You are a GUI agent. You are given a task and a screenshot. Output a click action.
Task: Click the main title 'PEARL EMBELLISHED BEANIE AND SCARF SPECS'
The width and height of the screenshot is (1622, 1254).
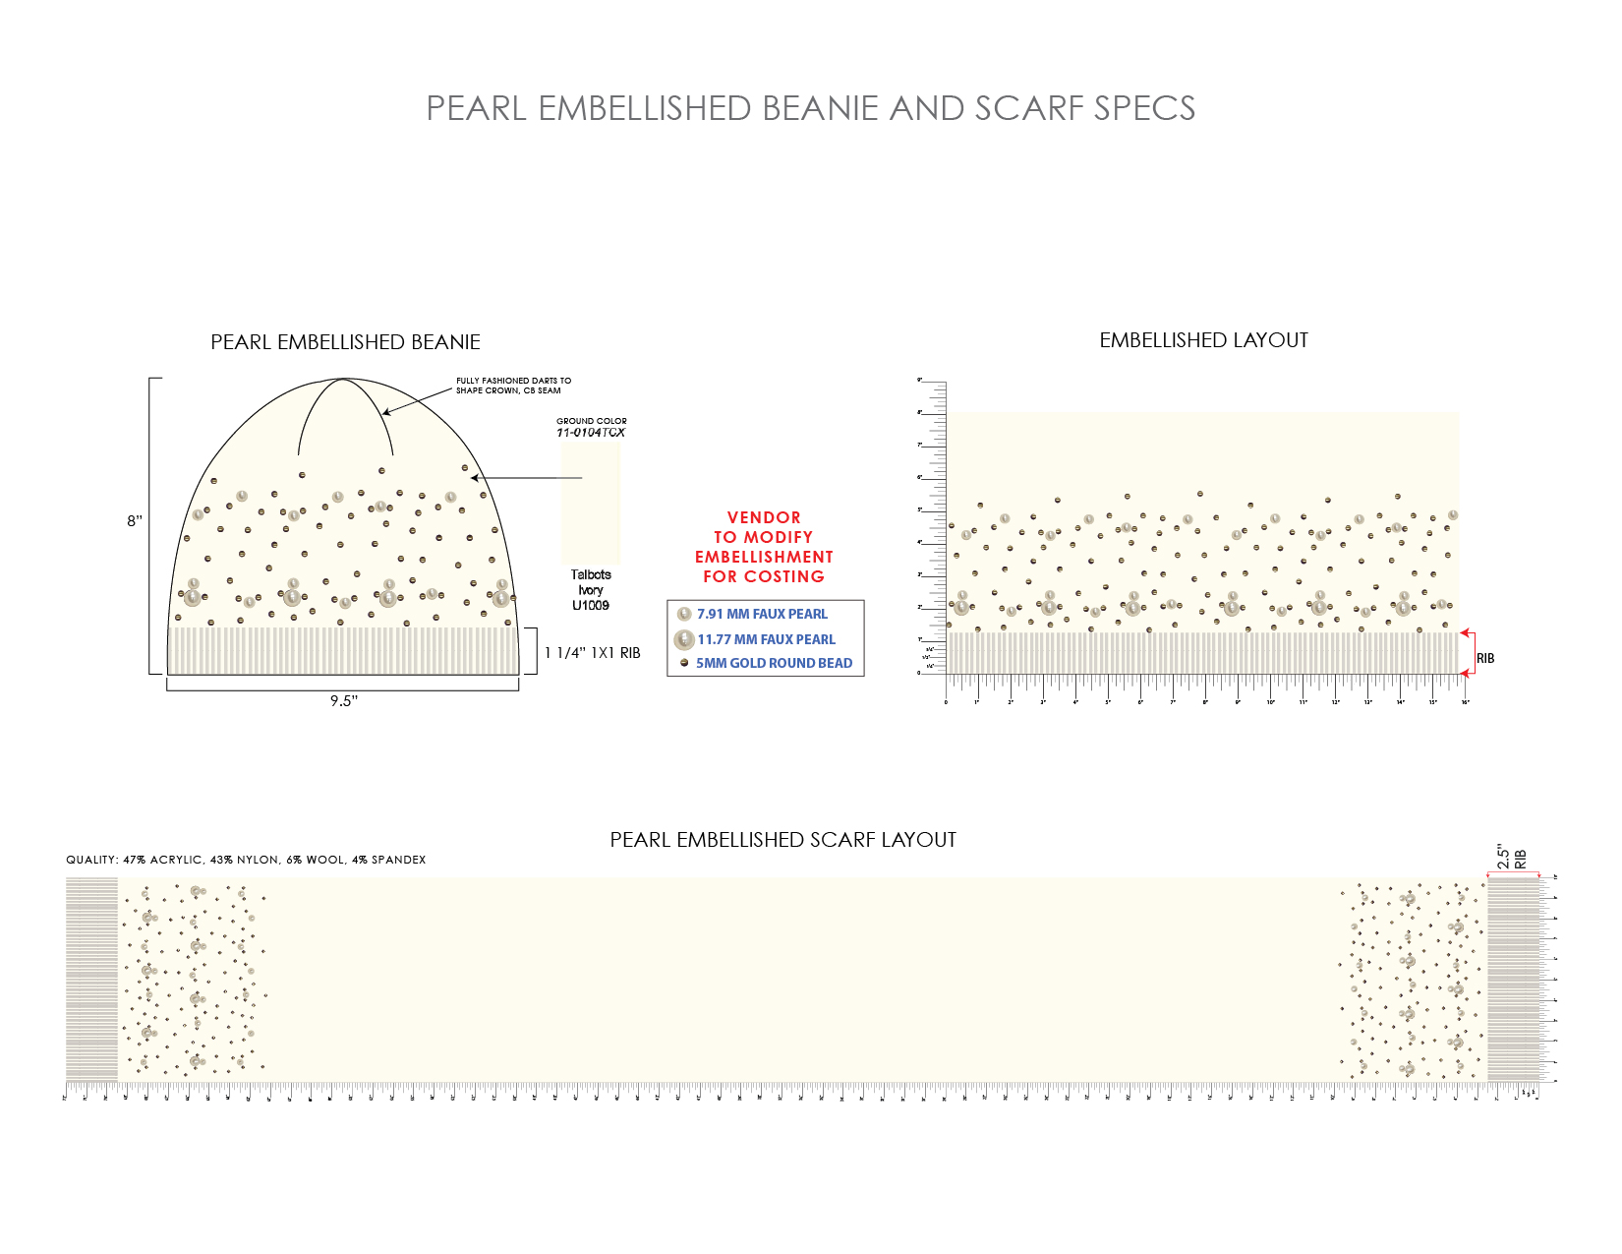tap(810, 108)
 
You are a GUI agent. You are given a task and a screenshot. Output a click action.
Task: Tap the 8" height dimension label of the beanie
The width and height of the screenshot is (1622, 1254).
tap(135, 520)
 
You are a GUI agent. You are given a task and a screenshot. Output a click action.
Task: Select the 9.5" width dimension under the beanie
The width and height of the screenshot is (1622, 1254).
tap(343, 701)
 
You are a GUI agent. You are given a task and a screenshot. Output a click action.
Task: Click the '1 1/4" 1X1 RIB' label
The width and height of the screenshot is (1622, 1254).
tap(592, 653)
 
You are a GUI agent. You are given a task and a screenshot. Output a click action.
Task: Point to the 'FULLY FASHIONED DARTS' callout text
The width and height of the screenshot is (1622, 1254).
tap(513, 386)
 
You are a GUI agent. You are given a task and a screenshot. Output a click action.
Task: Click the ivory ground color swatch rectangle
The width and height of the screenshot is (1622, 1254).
tap(591, 503)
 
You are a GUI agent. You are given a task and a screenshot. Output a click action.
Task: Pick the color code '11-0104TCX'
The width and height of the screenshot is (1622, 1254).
tap(591, 433)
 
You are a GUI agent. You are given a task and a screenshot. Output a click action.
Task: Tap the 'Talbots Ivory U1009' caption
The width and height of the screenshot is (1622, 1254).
tap(591, 590)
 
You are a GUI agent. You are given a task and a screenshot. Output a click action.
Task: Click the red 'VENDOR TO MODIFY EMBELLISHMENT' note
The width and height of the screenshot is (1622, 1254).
tap(764, 547)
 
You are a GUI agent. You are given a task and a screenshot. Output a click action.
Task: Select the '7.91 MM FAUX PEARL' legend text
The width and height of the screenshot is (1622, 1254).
tap(762, 614)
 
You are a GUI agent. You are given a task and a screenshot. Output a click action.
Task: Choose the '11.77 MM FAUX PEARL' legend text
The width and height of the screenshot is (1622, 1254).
tap(766, 639)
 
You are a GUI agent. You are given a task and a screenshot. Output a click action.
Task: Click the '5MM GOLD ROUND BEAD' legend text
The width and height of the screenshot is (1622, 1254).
tap(774, 663)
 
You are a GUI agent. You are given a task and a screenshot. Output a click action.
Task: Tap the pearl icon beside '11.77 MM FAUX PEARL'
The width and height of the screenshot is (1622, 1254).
tap(684, 639)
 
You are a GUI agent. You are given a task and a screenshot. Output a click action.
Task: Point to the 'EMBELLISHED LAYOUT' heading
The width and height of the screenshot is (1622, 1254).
tap(1203, 340)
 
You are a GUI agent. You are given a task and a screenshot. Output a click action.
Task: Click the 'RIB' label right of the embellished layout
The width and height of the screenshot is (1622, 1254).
tap(1485, 658)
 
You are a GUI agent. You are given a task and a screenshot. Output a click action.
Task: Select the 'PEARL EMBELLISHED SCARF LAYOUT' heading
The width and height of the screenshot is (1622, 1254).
tap(782, 840)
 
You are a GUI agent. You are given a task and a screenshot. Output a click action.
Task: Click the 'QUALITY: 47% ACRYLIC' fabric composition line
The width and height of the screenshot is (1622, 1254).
tap(246, 860)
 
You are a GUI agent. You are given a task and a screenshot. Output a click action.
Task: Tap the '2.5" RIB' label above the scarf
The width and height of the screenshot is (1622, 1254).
tap(1511, 858)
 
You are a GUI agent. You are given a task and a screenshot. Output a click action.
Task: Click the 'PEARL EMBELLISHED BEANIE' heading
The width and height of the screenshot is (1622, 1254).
tap(345, 342)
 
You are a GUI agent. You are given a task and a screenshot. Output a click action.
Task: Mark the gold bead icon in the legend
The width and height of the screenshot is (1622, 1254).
tap(684, 663)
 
